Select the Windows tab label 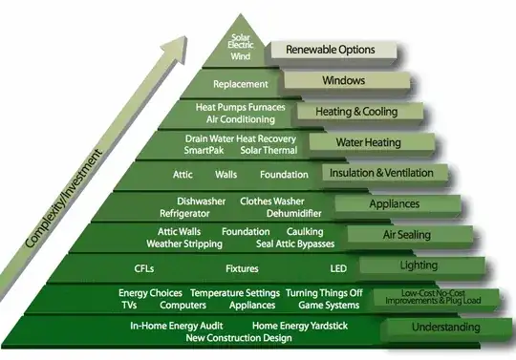344,80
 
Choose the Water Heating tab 367,142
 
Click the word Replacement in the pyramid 241,84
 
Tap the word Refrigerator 184,215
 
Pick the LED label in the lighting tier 338,269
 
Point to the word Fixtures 243,269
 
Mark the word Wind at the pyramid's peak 241,56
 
